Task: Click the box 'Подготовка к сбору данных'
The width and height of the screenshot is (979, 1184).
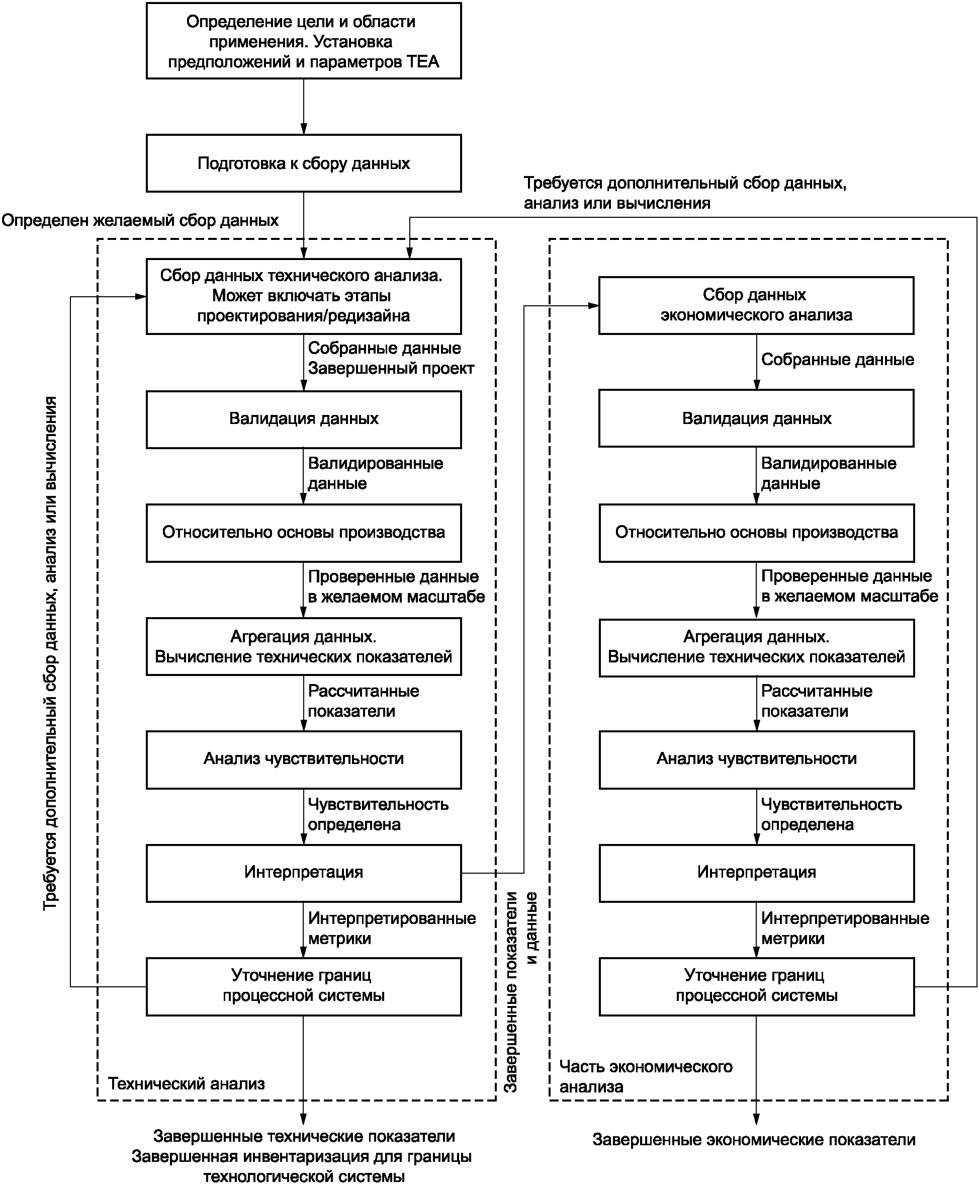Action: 304,163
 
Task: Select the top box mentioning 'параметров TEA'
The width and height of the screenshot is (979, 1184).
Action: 304,41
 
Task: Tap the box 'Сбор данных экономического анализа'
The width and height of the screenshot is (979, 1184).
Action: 756,305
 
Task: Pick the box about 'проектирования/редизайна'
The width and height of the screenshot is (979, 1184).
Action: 304,296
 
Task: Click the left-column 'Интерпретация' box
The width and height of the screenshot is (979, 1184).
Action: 304,872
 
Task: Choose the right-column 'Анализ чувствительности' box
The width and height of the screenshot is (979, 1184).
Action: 756,759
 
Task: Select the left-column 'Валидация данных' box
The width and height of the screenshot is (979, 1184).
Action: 304,419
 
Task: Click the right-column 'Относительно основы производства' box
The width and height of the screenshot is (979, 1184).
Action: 756,532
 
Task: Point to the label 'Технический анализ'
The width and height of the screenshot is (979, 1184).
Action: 187,1083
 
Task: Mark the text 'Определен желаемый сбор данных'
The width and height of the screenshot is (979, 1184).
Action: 140,220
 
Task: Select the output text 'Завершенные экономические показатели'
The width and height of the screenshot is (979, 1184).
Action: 754,1139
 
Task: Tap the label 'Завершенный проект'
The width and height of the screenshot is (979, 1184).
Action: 391,368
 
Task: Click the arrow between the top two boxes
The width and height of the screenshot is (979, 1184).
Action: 304,107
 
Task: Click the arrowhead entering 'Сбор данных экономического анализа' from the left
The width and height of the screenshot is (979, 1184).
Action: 593,306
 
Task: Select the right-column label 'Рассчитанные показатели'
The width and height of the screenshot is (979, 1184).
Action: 817,701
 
